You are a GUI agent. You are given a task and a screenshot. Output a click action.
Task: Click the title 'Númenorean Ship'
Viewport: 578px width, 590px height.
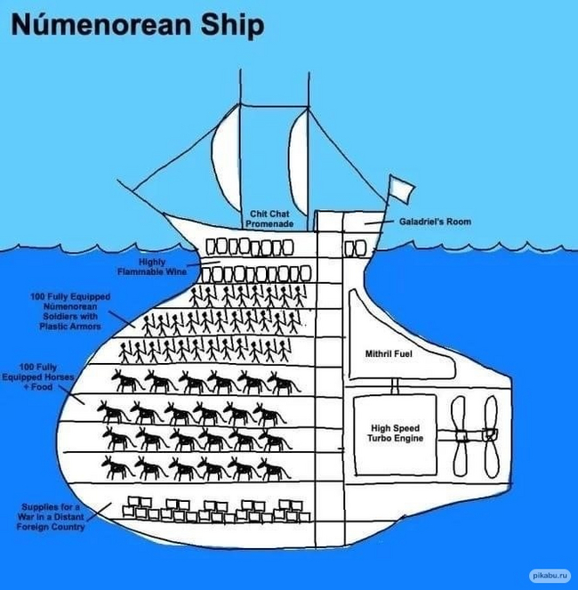point(137,25)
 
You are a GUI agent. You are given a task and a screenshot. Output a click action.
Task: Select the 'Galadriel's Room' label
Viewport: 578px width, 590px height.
point(435,222)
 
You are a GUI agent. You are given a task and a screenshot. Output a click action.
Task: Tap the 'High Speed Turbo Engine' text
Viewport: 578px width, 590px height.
point(397,432)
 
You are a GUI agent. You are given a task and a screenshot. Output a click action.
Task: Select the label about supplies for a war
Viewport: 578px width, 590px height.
point(52,517)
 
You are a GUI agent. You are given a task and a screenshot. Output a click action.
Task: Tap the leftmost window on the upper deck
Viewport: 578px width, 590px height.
point(213,246)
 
